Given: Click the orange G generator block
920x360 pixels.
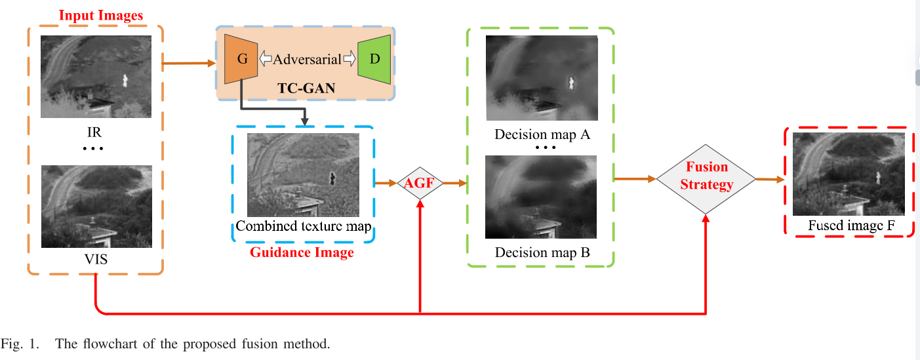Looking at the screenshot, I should pyautogui.click(x=241, y=59).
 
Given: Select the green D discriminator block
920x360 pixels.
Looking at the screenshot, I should pyautogui.click(x=375, y=59).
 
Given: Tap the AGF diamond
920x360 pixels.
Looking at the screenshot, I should pyautogui.click(x=419, y=183).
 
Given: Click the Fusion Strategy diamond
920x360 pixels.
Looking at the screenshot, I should pyautogui.click(x=706, y=177).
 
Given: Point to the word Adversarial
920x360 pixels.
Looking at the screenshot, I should pyautogui.click(x=308, y=59).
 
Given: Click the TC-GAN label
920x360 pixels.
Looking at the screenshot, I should pyautogui.click(x=306, y=88).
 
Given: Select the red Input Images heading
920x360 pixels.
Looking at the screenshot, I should pyautogui.click(x=101, y=14).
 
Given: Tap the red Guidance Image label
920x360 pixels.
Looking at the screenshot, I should pyautogui.click(x=302, y=252).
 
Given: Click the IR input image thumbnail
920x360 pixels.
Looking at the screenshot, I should pyautogui.click(x=96, y=77).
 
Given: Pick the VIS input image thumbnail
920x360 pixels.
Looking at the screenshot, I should pyautogui.click(x=96, y=206).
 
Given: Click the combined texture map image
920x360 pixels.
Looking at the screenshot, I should pyautogui.click(x=303, y=174).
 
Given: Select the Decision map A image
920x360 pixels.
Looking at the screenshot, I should pyautogui.click(x=541, y=78).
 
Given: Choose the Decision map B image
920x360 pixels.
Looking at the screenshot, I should pyautogui.click(x=541, y=197).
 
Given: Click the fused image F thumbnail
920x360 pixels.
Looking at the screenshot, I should pyautogui.click(x=848, y=174).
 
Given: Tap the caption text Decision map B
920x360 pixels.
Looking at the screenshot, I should pyautogui.click(x=542, y=252).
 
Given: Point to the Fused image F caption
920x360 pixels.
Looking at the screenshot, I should pyautogui.click(x=850, y=226).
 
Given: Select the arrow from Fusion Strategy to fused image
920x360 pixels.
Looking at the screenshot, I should pyautogui.click(x=770, y=178).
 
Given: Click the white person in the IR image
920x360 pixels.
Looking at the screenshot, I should pyautogui.click(x=125, y=81).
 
